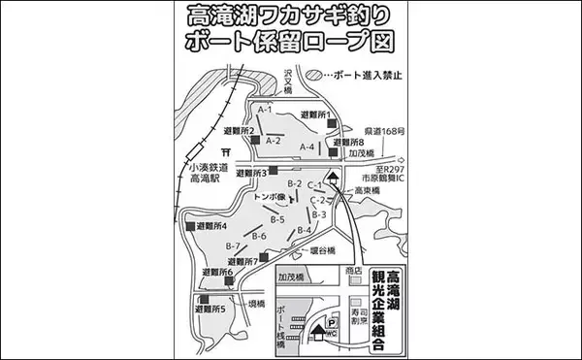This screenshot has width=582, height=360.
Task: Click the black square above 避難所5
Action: (205, 301)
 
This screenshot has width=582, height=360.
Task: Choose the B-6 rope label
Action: (259, 236)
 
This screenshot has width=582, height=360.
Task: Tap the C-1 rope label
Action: (315, 184)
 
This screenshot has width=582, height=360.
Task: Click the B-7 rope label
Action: (233, 245)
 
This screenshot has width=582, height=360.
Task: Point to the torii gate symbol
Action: (225, 151)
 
